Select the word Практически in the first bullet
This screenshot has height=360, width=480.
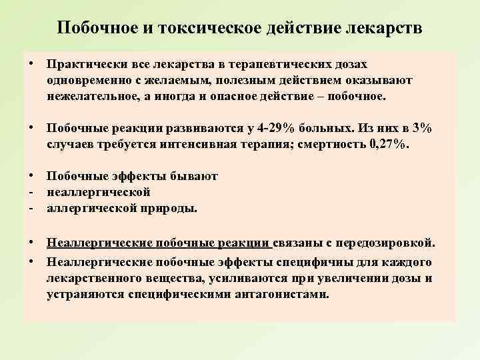pyautogui.click(x=80, y=65)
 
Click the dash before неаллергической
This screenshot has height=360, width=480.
pyautogui.click(x=31, y=192)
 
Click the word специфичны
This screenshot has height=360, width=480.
pyautogui.click(x=304, y=262)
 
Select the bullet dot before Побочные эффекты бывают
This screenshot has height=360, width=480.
pyautogui.click(x=32, y=176)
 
